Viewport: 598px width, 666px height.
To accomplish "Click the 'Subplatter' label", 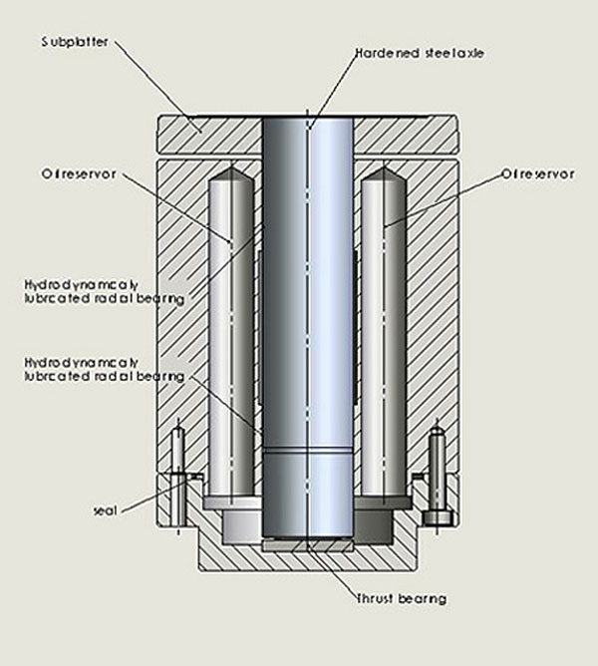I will point(74,42).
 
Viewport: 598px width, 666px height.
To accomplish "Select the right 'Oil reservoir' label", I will point(537,173).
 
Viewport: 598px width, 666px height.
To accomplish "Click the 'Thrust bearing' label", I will point(402,598).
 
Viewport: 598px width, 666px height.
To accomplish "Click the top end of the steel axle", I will point(308,120).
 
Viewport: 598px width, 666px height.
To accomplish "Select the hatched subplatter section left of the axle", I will point(209,134).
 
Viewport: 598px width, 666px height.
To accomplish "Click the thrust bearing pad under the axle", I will point(308,545).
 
